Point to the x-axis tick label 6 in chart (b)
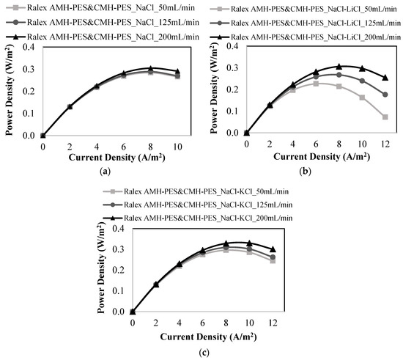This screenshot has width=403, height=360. [x=316, y=144]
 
